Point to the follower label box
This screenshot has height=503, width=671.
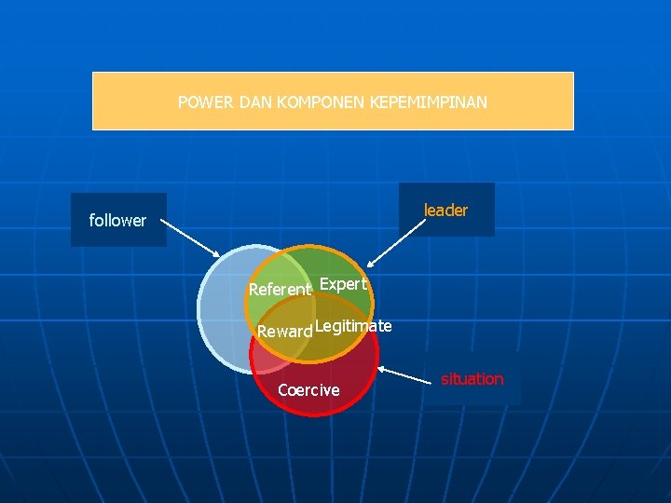click(x=118, y=220)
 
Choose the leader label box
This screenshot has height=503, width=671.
click(x=446, y=211)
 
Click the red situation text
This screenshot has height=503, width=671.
click(x=472, y=379)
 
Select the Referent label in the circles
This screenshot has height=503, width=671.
click(x=280, y=290)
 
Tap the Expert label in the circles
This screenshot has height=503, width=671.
click(x=343, y=284)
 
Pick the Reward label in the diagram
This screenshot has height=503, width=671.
click(x=284, y=332)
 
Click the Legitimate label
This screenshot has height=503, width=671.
click(x=353, y=326)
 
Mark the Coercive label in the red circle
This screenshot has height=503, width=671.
click(x=308, y=390)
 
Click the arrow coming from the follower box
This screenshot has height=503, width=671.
click(x=193, y=238)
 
